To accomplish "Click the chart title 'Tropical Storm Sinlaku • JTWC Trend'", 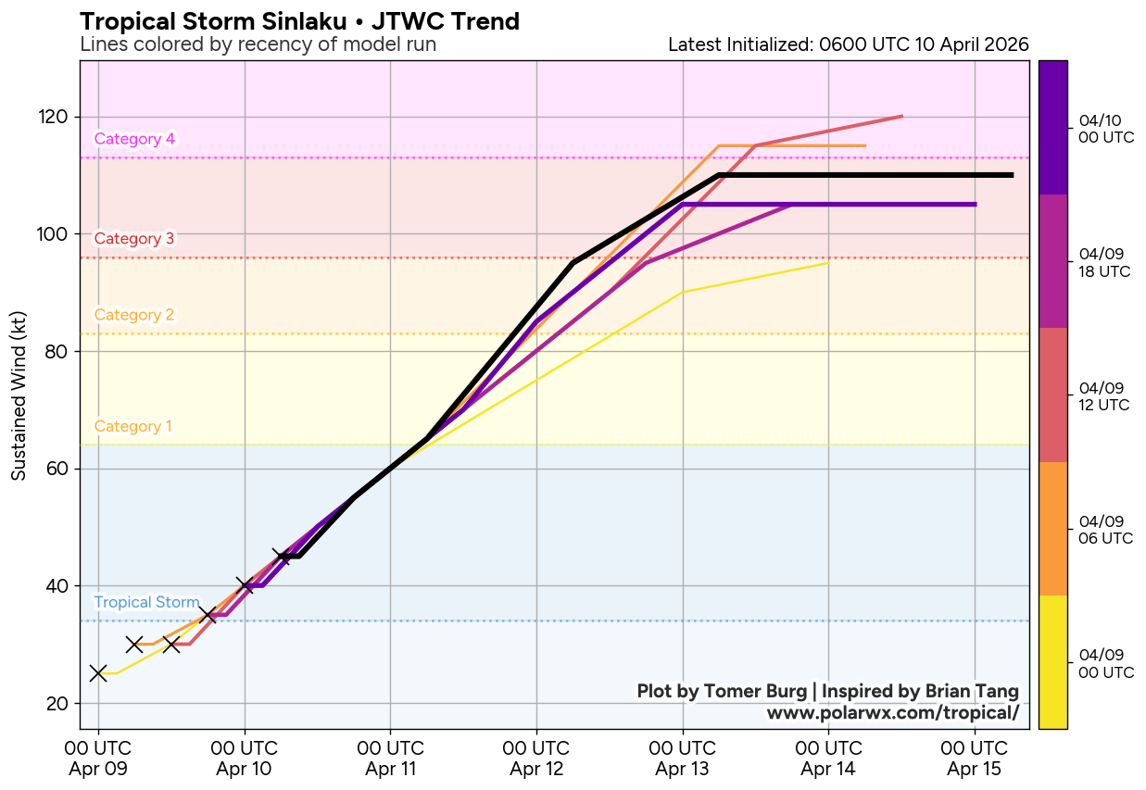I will (x=299, y=21).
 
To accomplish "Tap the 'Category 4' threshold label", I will (x=134, y=139).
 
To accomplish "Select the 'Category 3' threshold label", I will (x=134, y=238).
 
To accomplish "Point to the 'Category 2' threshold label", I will (x=134, y=315).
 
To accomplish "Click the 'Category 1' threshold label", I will (x=133, y=427).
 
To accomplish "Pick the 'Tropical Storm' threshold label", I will (x=146, y=603).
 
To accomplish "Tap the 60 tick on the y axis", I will (x=60, y=469).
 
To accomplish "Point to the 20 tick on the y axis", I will (x=60, y=703).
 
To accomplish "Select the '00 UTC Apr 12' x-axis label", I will (x=536, y=759).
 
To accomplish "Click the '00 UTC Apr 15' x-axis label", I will (x=975, y=759).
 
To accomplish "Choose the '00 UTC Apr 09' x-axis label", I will (x=98, y=759).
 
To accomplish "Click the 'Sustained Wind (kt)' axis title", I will (x=19, y=395).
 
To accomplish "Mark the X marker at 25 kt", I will (x=98, y=673).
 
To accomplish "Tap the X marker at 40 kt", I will (x=245, y=585).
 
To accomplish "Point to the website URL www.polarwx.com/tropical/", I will (x=892, y=712).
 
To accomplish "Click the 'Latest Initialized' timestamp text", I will (x=848, y=44).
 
